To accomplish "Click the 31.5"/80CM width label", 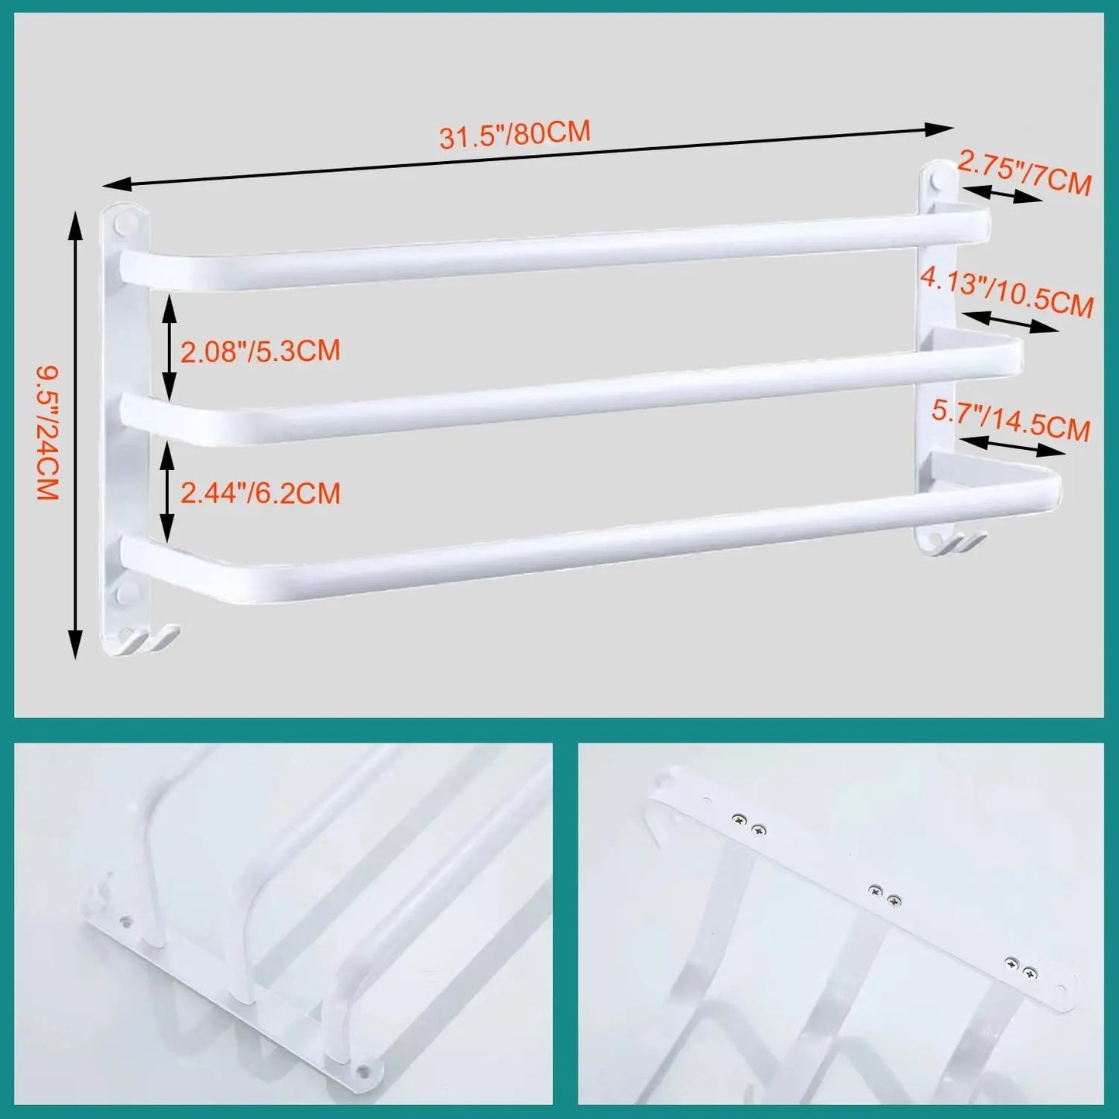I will (515, 135).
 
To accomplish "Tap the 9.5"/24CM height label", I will (48, 434).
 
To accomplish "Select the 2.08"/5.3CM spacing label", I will (260, 351).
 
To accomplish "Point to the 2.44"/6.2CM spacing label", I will (260, 493).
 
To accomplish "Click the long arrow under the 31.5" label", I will (527, 156).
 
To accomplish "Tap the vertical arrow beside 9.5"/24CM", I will (74, 434).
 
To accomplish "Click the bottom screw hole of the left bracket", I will (122, 595).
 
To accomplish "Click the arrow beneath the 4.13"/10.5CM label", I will (1011, 321).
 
